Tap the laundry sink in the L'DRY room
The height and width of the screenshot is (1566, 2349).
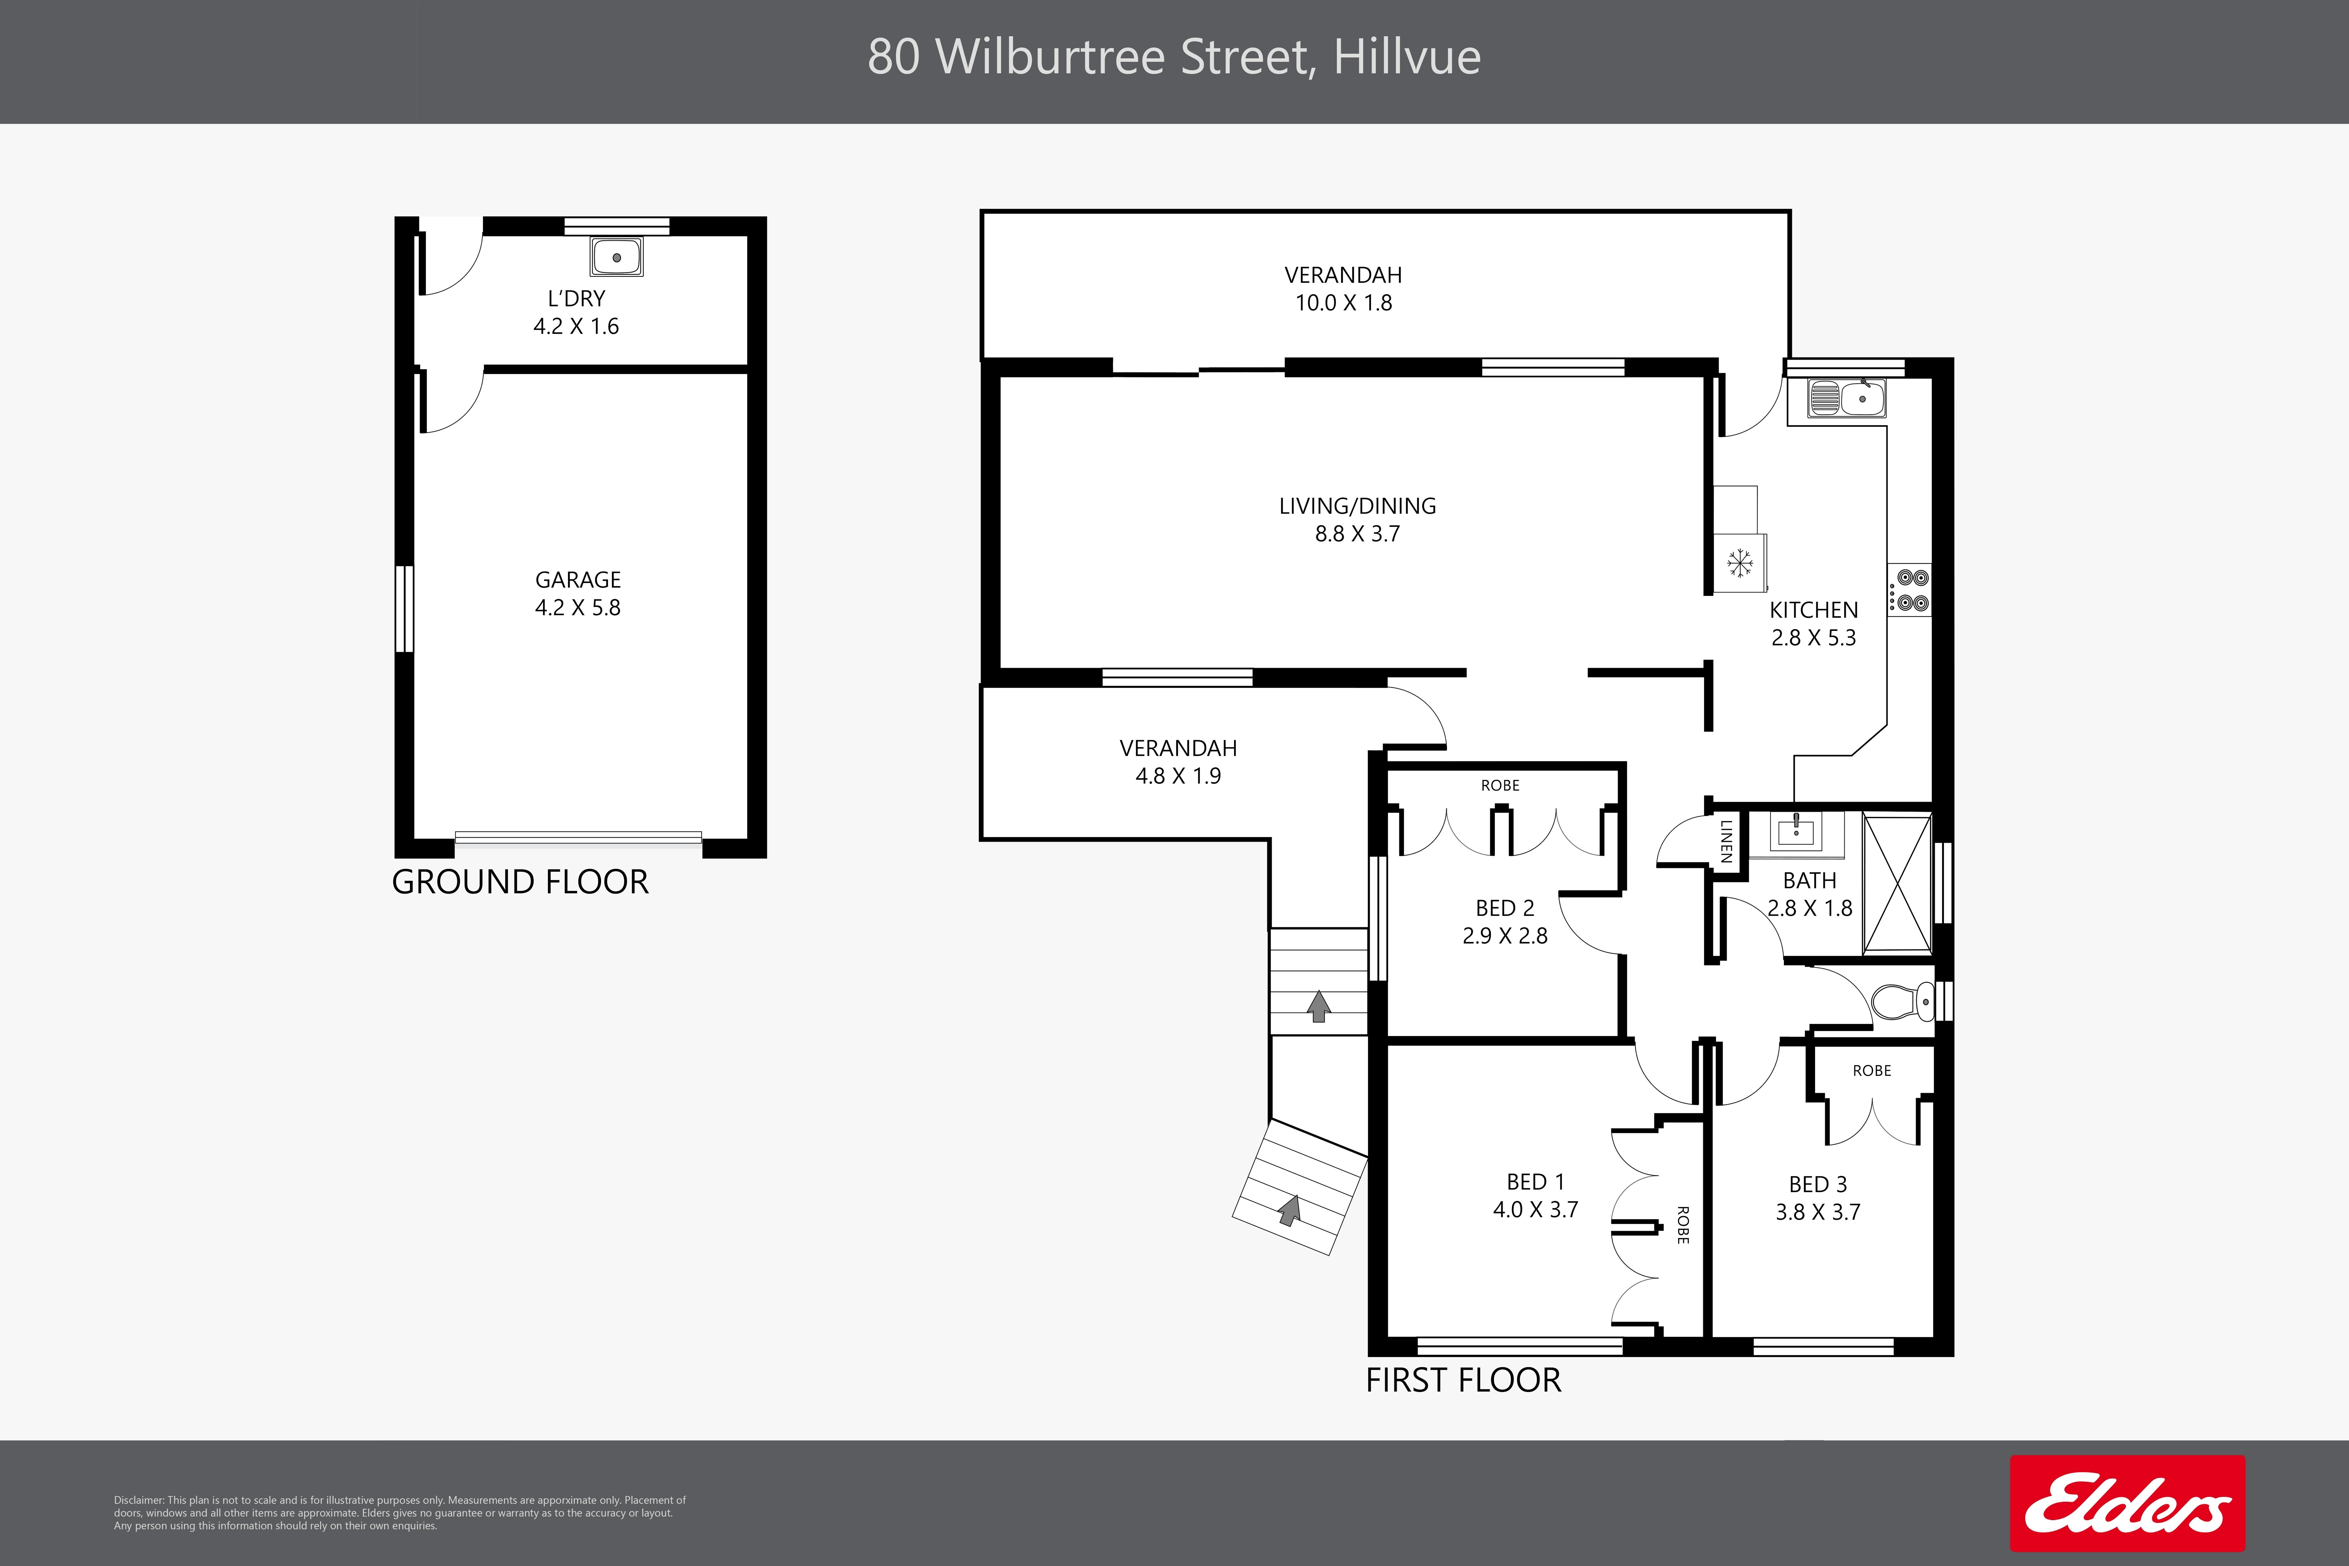coord(616,257)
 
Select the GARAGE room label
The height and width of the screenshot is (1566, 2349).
coord(578,580)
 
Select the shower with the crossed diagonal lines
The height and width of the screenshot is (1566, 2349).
coord(1898,883)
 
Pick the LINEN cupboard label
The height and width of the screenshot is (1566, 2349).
coord(1726,842)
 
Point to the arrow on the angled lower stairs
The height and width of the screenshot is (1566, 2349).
coord(1289,1210)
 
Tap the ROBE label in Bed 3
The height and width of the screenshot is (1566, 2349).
coord(1872,1071)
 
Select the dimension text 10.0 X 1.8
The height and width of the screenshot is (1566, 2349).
coord(1343,303)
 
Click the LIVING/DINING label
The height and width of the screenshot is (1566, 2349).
coord(1357,506)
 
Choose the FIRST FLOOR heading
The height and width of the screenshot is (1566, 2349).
coord(1463,1380)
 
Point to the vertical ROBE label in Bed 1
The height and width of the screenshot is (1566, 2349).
coord(1683,1225)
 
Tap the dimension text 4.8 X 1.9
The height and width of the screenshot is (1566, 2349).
coord(1179,776)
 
